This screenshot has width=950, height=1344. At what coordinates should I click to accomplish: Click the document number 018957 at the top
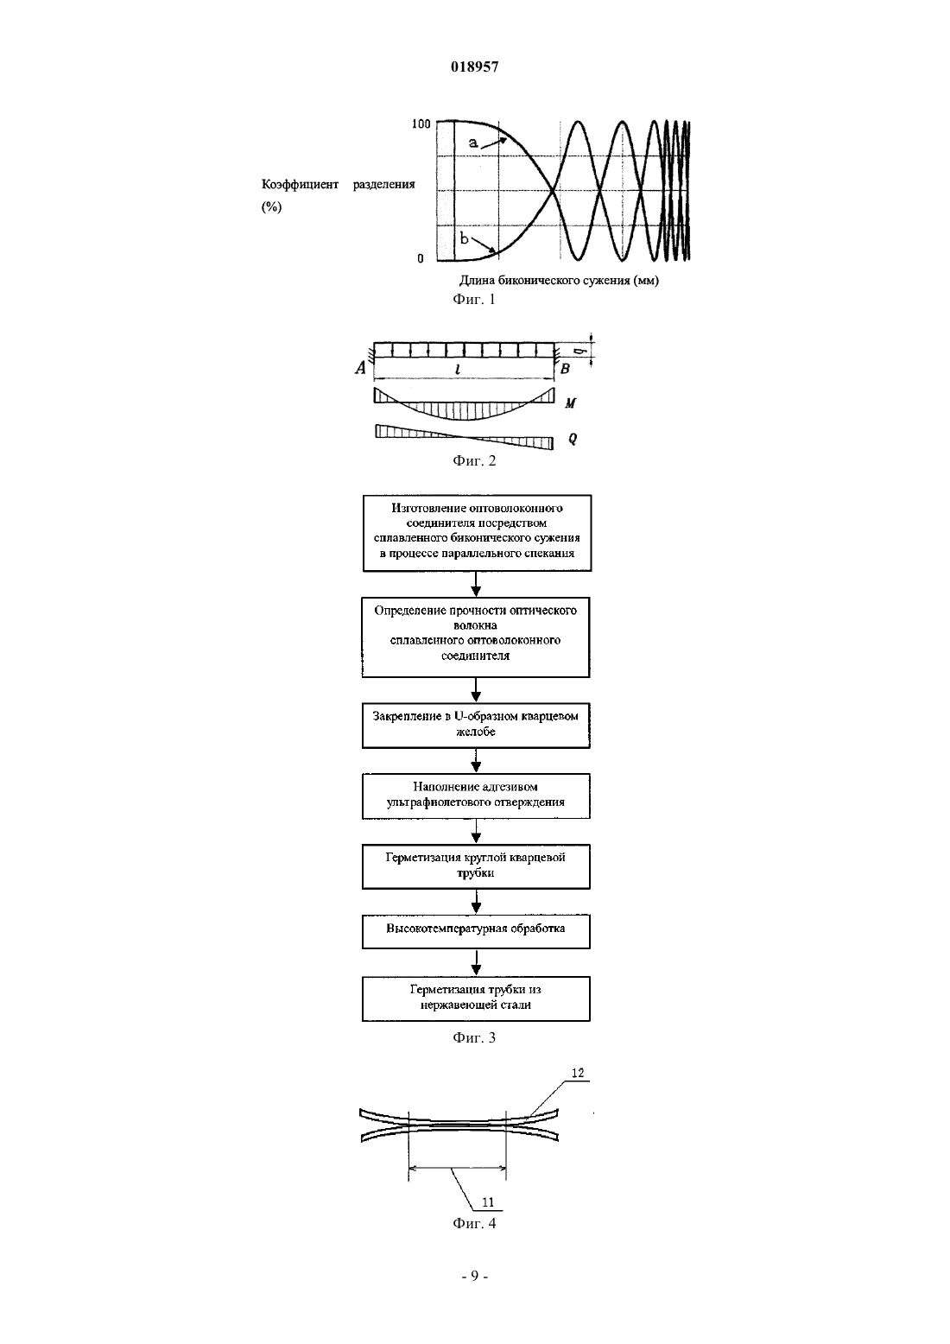[474, 67]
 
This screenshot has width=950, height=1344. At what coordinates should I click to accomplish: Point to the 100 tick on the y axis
[421, 124]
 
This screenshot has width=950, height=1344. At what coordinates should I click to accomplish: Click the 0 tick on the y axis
[421, 258]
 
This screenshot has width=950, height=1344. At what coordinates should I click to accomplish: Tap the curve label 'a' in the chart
[473, 143]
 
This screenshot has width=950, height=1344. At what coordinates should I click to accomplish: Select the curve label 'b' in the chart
[465, 238]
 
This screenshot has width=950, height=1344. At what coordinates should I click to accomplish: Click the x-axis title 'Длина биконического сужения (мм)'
[559, 280]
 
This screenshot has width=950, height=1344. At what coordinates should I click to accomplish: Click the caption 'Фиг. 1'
[474, 299]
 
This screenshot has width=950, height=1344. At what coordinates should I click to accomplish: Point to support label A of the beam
[360, 368]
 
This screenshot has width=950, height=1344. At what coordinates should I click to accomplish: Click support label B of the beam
[564, 369]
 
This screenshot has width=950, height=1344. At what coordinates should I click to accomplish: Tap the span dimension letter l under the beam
[458, 369]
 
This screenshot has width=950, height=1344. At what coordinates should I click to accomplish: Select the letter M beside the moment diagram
[570, 403]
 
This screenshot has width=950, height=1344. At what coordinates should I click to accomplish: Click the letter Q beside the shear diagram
[572, 439]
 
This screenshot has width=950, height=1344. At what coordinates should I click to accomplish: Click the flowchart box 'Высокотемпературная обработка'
[476, 931]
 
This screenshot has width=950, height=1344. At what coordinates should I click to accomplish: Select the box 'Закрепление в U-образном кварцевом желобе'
[476, 726]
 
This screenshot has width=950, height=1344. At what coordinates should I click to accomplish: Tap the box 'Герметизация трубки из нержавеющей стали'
[476, 999]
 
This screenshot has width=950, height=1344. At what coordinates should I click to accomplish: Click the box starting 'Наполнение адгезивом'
[476, 796]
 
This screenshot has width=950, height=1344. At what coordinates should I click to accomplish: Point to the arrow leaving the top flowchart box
[476, 584]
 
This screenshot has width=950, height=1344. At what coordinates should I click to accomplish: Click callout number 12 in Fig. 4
[578, 1073]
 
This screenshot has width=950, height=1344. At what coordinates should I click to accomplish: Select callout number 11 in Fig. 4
[488, 1202]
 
